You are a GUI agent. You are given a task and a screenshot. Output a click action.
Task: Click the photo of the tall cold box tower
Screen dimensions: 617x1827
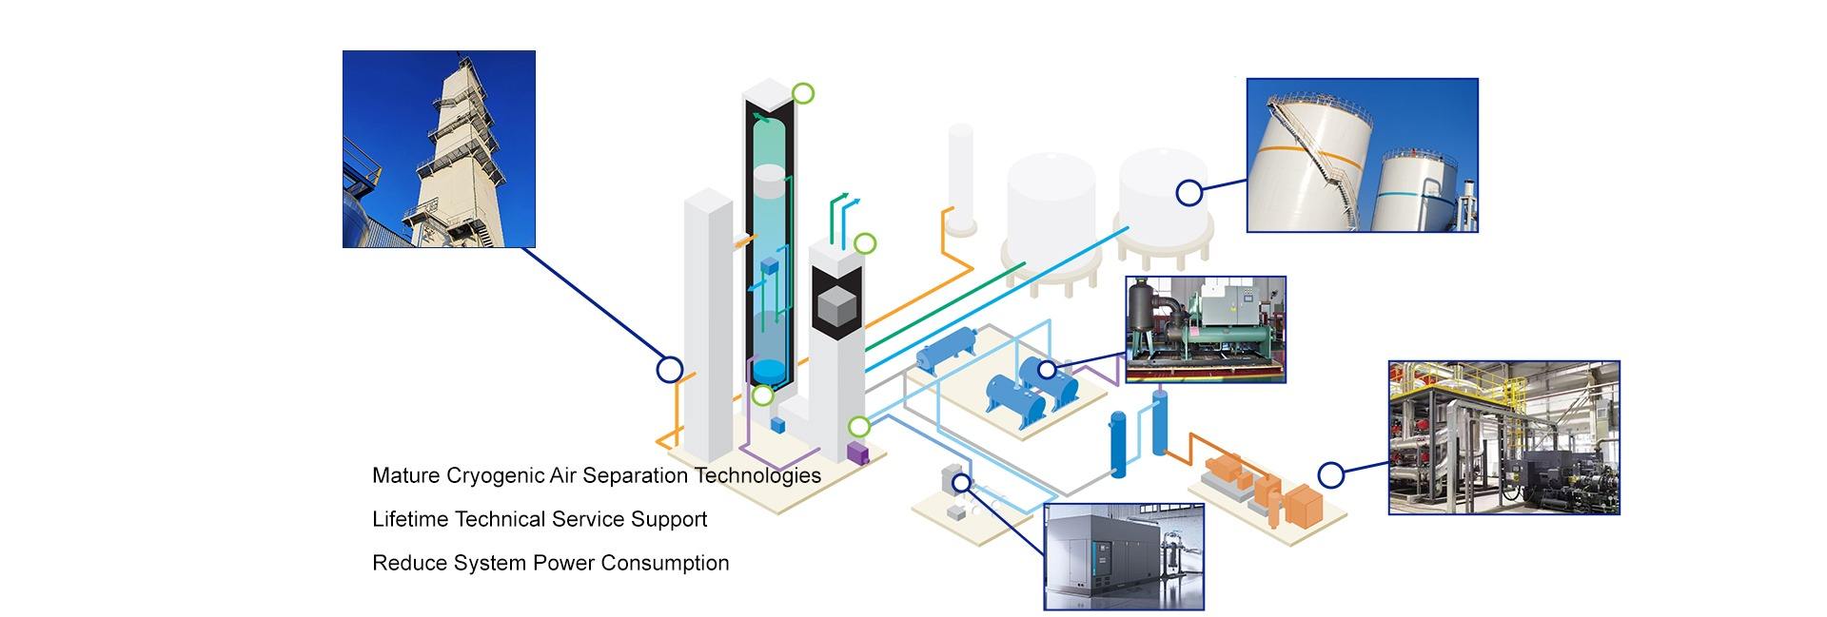tap(439, 149)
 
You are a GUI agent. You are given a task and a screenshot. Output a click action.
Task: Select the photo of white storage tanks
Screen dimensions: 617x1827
tap(1362, 155)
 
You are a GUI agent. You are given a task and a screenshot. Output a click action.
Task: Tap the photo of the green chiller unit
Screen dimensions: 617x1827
tap(1206, 329)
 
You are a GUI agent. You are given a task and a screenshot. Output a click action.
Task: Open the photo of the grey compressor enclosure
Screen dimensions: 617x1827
tap(1124, 556)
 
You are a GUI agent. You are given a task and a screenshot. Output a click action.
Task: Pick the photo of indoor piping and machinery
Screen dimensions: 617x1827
tap(1503, 437)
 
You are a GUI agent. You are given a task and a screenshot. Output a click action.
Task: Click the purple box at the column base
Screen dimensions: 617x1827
tap(858, 452)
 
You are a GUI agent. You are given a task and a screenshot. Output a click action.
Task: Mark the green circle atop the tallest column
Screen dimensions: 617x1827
tap(803, 93)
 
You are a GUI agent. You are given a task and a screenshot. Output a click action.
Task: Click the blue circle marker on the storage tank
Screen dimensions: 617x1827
tap(1189, 193)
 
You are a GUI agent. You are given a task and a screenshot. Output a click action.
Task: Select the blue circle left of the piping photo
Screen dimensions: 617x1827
tap(1330, 473)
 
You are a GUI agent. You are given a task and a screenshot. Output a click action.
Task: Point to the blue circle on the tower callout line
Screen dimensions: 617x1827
tap(670, 369)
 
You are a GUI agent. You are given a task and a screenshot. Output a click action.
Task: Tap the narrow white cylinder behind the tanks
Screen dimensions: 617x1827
tap(960, 176)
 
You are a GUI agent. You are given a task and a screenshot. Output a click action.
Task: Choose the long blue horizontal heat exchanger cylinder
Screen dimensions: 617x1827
tap(948, 348)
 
